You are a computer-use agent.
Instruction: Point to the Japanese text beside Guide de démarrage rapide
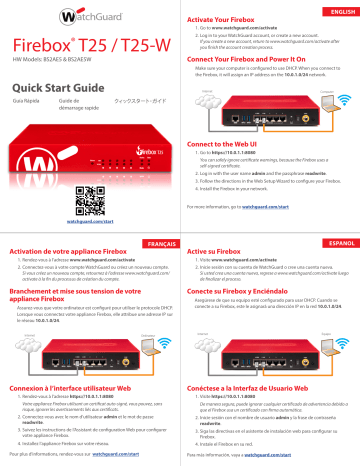pyautogui.click(x=139, y=103)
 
